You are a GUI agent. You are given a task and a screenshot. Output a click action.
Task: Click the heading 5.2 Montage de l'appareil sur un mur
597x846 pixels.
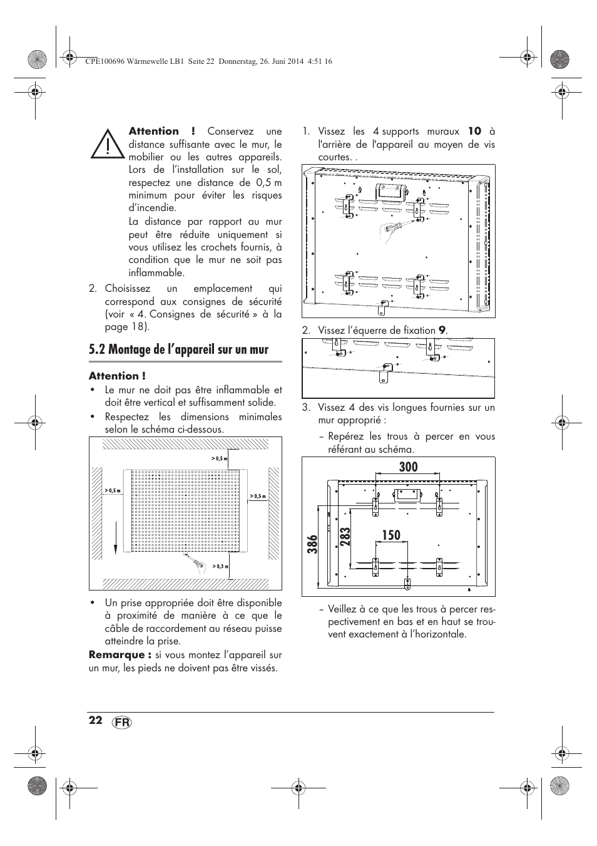point(178,349)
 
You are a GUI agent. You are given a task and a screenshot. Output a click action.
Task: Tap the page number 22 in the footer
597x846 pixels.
point(95,720)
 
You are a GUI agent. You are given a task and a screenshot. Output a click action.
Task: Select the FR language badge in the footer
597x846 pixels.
point(123,721)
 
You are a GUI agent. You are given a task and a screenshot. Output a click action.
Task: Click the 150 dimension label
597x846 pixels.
point(390,535)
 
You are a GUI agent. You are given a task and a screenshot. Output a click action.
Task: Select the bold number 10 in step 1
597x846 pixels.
point(475,132)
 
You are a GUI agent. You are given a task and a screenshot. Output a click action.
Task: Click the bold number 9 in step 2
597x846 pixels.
point(441,330)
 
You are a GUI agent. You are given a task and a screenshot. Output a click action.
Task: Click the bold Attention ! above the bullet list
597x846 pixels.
point(117,376)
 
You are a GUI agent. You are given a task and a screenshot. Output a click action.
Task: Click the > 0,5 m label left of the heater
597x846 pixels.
point(113,490)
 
